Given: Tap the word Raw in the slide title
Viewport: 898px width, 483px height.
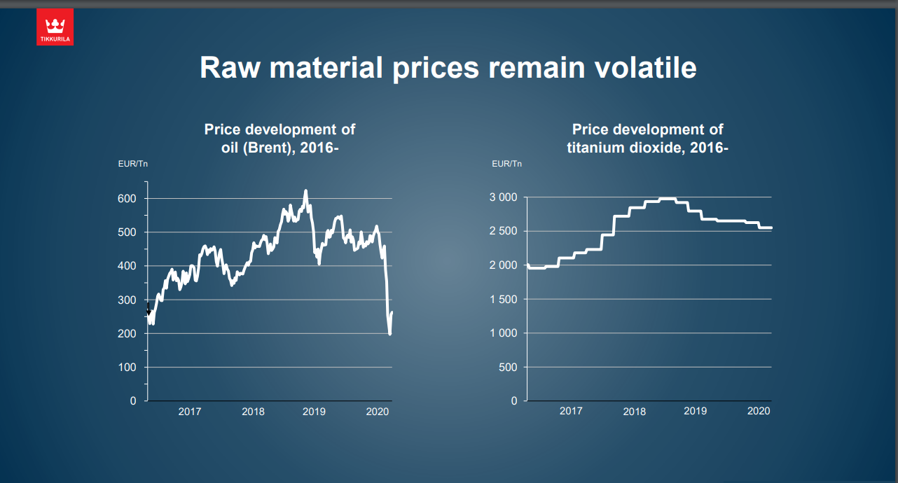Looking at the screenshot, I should click(229, 68).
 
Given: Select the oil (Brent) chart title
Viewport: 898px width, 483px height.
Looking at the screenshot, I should click(279, 139).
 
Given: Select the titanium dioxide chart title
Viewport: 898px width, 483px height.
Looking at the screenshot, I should click(647, 139).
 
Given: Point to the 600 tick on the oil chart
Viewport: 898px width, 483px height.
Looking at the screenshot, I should click(127, 199).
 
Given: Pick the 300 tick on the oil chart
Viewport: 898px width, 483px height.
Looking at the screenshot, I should click(127, 300).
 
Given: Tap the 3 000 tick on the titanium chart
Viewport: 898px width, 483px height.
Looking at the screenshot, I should click(502, 197).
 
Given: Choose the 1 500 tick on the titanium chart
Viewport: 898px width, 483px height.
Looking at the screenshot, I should click(502, 300).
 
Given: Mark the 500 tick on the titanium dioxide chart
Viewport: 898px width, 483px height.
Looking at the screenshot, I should click(508, 367).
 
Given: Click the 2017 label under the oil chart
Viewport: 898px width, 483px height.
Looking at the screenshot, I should click(189, 412).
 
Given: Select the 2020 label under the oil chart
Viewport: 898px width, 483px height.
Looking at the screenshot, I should click(378, 412).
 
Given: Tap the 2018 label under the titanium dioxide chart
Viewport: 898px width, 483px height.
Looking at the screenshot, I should click(634, 412).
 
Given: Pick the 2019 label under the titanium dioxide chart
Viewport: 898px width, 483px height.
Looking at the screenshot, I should click(695, 411).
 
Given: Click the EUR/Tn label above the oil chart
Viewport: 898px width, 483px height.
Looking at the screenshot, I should click(132, 164).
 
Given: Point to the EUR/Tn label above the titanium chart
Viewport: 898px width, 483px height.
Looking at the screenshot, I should click(506, 164).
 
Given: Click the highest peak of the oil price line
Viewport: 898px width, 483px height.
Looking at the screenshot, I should click(305, 190).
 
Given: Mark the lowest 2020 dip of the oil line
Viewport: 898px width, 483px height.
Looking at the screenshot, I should click(389, 334).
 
